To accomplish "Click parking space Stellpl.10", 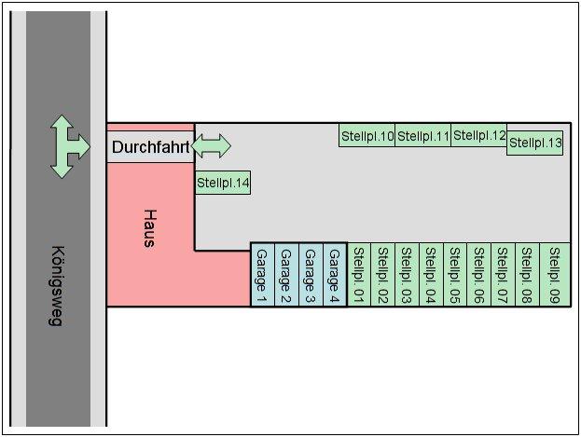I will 367,136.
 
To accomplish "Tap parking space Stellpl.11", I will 423,136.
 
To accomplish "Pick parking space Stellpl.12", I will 479,136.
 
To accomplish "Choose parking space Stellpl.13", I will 535,143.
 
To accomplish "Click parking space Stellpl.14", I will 223,183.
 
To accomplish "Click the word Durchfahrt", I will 151,147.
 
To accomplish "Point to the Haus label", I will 148,227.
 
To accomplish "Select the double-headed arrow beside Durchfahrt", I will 212,145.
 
